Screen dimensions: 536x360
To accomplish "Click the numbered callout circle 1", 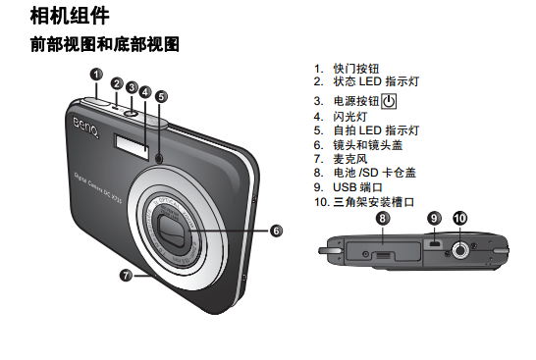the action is click(96, 75).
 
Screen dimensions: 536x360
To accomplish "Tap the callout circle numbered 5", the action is click(161, 97).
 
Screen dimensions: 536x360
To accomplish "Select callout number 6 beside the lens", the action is click(276, 231).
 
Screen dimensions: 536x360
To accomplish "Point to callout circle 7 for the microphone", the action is click(126, 275).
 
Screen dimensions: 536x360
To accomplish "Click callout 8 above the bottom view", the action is click(383, 218).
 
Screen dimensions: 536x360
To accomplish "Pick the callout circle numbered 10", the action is click(460, 218).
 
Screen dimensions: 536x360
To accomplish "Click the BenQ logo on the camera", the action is click(86, 128).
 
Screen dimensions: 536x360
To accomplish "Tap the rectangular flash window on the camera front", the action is click(132, 146).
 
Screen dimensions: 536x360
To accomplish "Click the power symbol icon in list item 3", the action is click(389, 101).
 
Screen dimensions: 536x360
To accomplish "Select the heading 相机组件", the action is click(70, 16).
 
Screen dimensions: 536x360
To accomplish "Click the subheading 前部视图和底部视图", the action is click(105, 44).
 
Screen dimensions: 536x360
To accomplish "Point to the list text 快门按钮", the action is click(356, 69).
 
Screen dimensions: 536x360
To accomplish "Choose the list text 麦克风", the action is click(350, 159).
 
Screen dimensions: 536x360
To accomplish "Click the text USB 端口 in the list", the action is click(357, 187).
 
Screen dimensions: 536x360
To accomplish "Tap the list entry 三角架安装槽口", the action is click(374, 202).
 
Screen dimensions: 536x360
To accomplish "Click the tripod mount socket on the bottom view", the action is click(460, 250).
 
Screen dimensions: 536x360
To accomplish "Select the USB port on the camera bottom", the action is click(435, 244).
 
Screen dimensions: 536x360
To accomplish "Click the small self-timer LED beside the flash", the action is click(159, 159).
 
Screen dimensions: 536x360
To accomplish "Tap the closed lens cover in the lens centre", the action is click(174, 230).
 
